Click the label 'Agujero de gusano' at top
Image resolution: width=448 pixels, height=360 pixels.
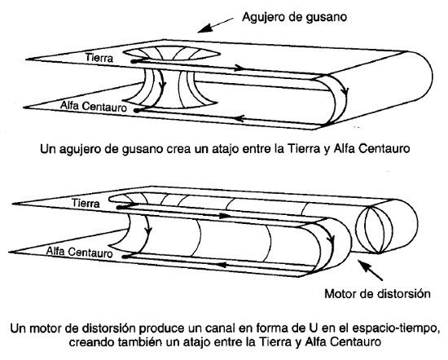pyautogui.click(x=294, y=17)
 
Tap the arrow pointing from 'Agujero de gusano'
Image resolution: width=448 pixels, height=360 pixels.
pyautogui.click(x=215, y=25)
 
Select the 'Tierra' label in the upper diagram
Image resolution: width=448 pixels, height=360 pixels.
pyautogui.click(x=99, y=58)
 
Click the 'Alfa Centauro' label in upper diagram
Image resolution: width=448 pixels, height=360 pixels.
pyautogui.click(x=93, y=106)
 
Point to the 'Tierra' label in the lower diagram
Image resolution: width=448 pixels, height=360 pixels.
pyautogui.click(x=86, y=203)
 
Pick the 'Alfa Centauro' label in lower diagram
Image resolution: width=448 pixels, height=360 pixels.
pyautogui.click(x=80, y=252)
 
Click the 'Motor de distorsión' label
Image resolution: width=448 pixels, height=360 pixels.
pyautogui.click(x=377, y=294)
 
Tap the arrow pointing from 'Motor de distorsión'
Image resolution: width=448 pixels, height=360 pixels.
pyautogui.click(x=371, y=270)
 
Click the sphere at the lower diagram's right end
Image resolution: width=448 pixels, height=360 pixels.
pyautogui.click(x=371, y=229)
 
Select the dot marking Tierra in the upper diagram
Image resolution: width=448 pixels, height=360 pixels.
pyautogui.click(x=134, y=61)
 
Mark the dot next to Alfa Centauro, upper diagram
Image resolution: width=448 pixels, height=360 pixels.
pyautogui.click(x=137, y=110)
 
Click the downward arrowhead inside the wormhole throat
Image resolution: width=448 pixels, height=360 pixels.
pyautogui.click(x=164, y=85)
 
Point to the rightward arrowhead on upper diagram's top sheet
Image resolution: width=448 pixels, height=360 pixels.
pyautogui.click(x=239, y=68)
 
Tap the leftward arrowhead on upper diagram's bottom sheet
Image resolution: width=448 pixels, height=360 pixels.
pyautogui.click(x=239, y=118)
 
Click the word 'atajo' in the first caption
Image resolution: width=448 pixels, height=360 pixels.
pyautogui.click(x=225, y=149)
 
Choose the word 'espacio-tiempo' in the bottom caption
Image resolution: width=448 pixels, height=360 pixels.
pyautogui.click(x=394, y=328)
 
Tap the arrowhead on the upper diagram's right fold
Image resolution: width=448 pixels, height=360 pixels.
pyautogui.click(x=345, y=91)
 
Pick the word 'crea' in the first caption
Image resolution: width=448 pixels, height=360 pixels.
pyautogui.click(x=178, y=149)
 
